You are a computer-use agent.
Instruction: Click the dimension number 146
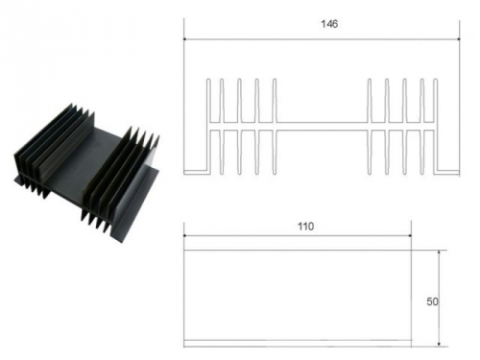[x=329, y=24]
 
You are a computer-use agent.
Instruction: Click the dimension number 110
[x=306, y=227]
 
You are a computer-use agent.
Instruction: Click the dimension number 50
[x=432, y=301]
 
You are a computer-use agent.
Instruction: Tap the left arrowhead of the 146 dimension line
[x=185, y=39]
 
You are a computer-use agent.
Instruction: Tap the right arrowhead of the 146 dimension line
[x=458, y=39]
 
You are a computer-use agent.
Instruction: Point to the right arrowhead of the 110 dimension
[x=410, y=236]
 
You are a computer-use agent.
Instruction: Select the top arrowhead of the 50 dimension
[x=439, y=252]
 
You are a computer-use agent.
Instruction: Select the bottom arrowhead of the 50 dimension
[x=439, y=345]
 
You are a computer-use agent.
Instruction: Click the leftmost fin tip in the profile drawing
[x=208, y=79]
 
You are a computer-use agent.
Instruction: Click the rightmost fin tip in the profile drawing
[x=435, y=79]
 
